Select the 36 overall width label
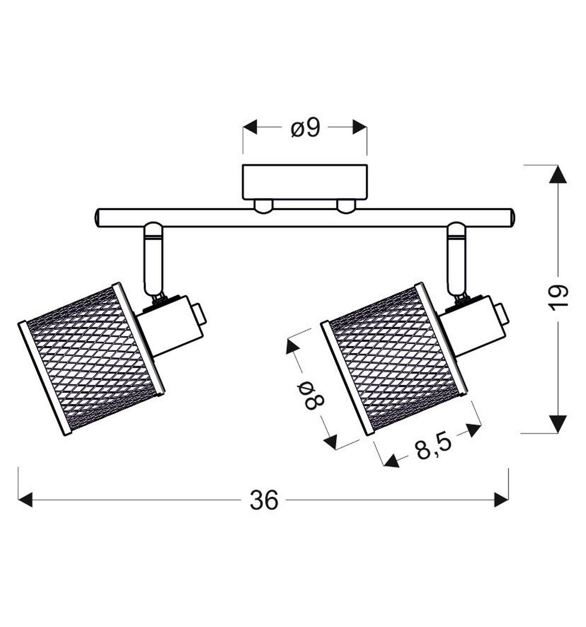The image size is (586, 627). pyautogui.click(x=264, y=500)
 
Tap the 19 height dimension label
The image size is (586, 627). pyautogui.click(x=557, y=298)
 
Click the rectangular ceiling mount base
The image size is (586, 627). pyautogui.click(x=305, y=182)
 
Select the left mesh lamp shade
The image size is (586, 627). pyautogui.click(x=91, y=359)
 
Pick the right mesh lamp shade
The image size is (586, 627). pyautogui.click(x=394, y=359)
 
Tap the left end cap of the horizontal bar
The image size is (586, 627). pyautogui.click(x=98, y=218)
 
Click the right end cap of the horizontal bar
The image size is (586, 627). pyautogui.click(x=512, y=218)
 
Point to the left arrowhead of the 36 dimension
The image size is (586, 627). pyautogui.click(x=25, y=500)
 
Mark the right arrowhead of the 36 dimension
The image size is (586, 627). pyautogui.click(x=502, y=500)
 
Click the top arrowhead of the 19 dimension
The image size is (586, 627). pyautogui.click(x=558, y=174)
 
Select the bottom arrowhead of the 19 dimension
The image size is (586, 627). pyautogui.click(x=558, y=424)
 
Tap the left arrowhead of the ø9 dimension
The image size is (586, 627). pyautogui.click(x=250, y=127)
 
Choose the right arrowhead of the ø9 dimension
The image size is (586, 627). pyautogui.click(x=360, y=127)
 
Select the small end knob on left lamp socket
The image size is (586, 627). pyautogui.click(x=200, y=314)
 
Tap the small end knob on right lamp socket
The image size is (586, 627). pyautogui.click(x=502, y=314)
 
